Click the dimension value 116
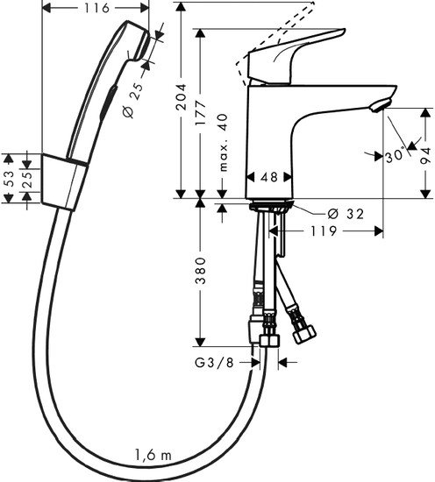[x=96, y=10]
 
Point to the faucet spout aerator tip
[x=378, y=107]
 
